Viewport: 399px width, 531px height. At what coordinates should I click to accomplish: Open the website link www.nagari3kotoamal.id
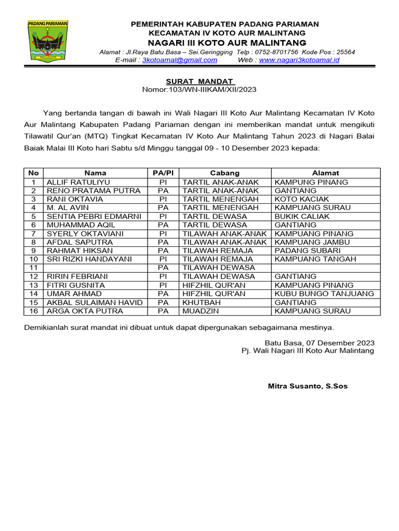pyautogui.click(x=299, y=60)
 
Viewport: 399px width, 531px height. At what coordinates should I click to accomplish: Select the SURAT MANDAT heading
pyautogui.click(x=200, y=81)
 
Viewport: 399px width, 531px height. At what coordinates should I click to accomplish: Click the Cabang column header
pyautogui.click(x=224, y=173)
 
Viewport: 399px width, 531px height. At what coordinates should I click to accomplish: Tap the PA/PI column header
pyautogui.click(x=163, y=173)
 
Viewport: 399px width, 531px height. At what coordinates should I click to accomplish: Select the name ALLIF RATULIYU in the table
pyautogui.click(x=75, y=182)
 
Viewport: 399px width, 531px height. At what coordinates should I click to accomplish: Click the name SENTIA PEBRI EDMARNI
pyautogui.click(x=89, y=216)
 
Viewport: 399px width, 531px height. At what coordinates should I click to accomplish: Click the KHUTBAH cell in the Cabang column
pyautogui.click(x=198, y=302)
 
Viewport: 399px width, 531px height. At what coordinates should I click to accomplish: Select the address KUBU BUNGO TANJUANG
pyautogui.click(x=324, y=294)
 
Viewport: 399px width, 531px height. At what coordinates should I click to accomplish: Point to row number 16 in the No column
pyautogui.click(x=33, y=311)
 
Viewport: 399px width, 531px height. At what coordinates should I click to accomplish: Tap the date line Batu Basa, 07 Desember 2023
pyautogui.click(x=320, y=343)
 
